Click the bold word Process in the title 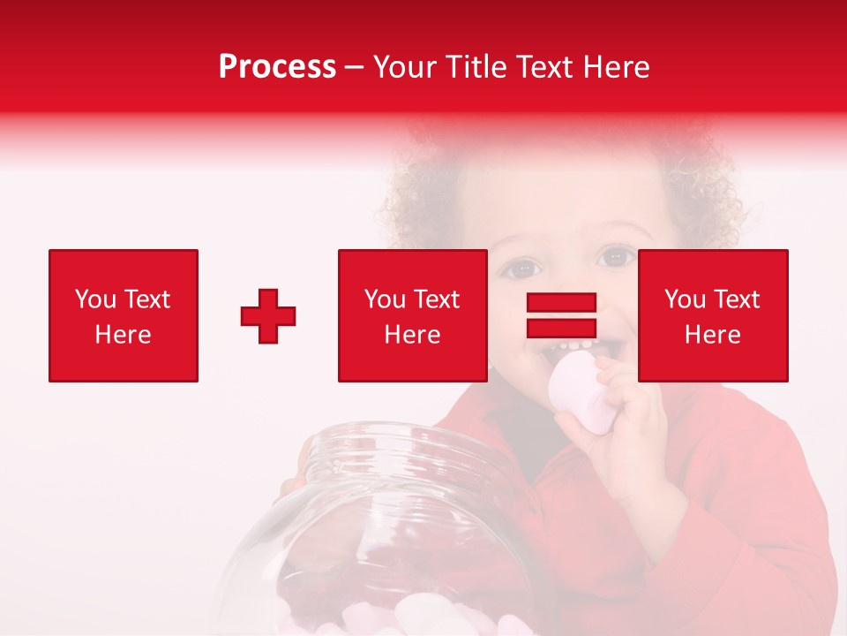click(277, 67)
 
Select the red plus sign click(268, 316)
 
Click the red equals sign click(561, 315)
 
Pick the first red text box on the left click(124, 315)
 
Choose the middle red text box click(412, 315)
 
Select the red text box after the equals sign click(713, 315)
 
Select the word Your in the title click(404, 67)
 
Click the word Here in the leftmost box click(123, 335)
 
